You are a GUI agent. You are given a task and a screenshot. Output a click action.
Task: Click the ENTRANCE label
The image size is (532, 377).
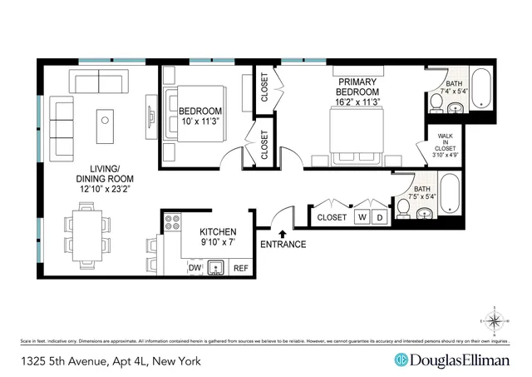point(283,245)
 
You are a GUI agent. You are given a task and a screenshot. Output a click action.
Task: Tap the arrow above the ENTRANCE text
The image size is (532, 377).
point(283,233)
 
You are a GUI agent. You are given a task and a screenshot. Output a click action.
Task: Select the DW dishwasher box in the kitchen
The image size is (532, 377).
point(195,268)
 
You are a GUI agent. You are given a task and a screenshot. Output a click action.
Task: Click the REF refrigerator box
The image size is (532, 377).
point(240,268)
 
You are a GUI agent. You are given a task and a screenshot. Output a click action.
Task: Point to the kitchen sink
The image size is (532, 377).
point(218,267)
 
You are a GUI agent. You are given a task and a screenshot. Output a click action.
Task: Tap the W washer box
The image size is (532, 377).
point(362,217)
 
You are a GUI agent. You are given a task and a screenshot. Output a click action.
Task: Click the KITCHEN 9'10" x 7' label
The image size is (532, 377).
point(219,237)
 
